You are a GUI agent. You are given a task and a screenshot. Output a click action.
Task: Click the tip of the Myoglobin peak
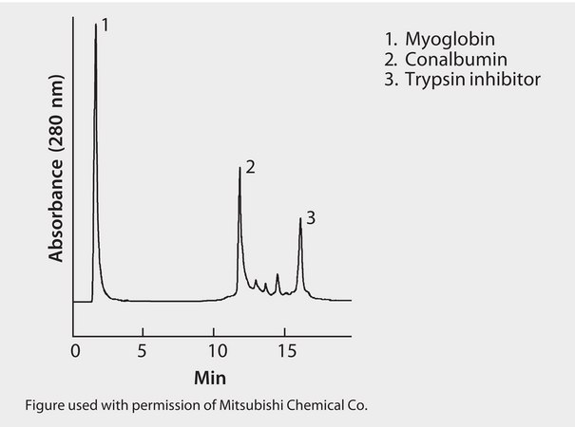(x=96, y=26)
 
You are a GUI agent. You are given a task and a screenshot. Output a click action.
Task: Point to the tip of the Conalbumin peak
(x=240, y=168)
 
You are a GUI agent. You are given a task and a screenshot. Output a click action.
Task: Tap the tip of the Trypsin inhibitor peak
(x=300, y=218)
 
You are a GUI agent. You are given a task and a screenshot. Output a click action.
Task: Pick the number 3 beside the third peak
(x=311, y=218)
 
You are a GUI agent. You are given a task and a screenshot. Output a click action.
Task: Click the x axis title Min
(x=210, y=378)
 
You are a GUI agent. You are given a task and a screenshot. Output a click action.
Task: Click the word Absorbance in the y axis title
(x=56, y=211)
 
